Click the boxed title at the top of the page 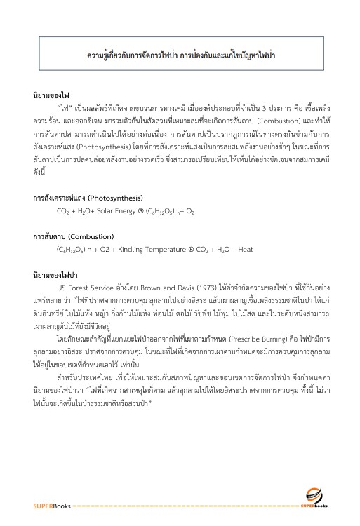coord(180,53)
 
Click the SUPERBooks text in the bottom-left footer coord(47,505)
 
